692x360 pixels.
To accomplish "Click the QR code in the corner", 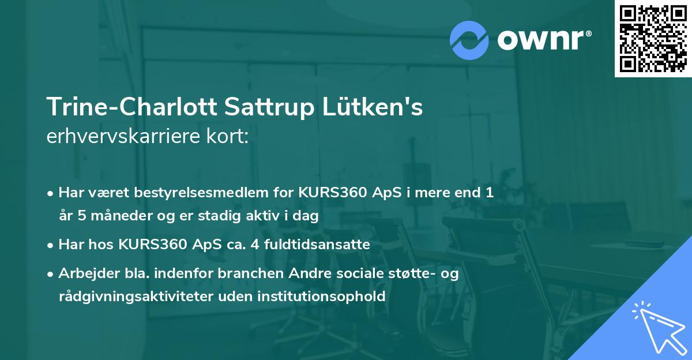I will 653,38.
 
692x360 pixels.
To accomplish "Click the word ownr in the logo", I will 541,40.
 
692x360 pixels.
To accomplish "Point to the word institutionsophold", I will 326,297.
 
